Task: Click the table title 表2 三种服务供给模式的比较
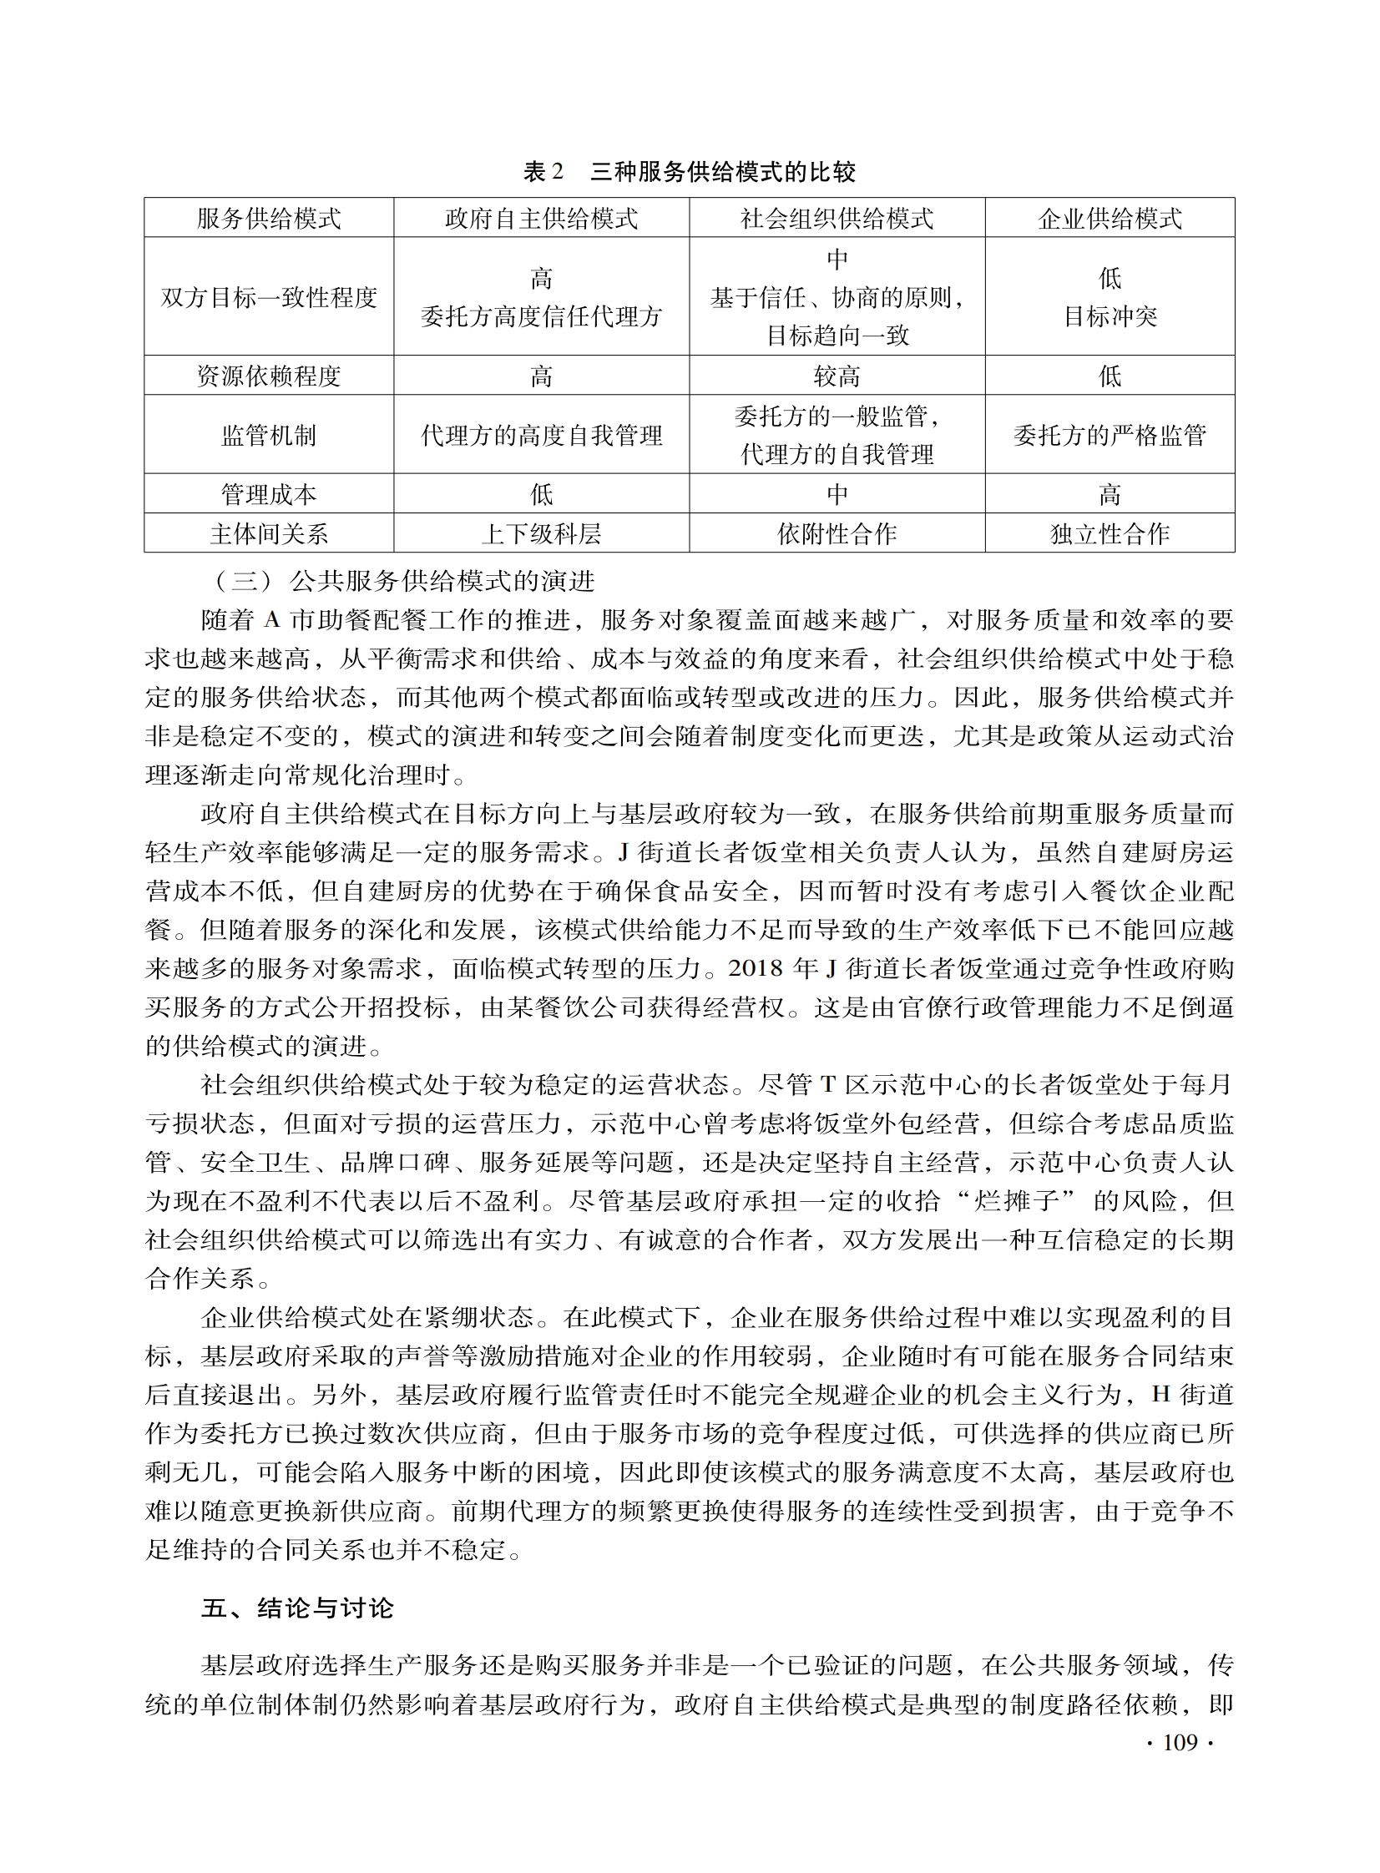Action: (689, 172)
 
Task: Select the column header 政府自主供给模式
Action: (541, 219)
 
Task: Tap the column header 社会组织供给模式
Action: (837, 219)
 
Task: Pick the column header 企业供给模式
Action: (1110, 219)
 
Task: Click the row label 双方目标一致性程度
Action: (269, 297)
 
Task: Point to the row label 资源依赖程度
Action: (269, 376)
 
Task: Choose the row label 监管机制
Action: (269, 435)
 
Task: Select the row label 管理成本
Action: (269, 494)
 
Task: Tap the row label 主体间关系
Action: (269, 533)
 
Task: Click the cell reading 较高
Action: (837, 376)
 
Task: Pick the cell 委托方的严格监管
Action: (1110, 435)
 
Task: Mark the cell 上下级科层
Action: (541, 533)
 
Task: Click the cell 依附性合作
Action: (837, 533)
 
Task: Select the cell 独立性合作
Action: (1110, 533)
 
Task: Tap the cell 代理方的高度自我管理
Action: (541, 435)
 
